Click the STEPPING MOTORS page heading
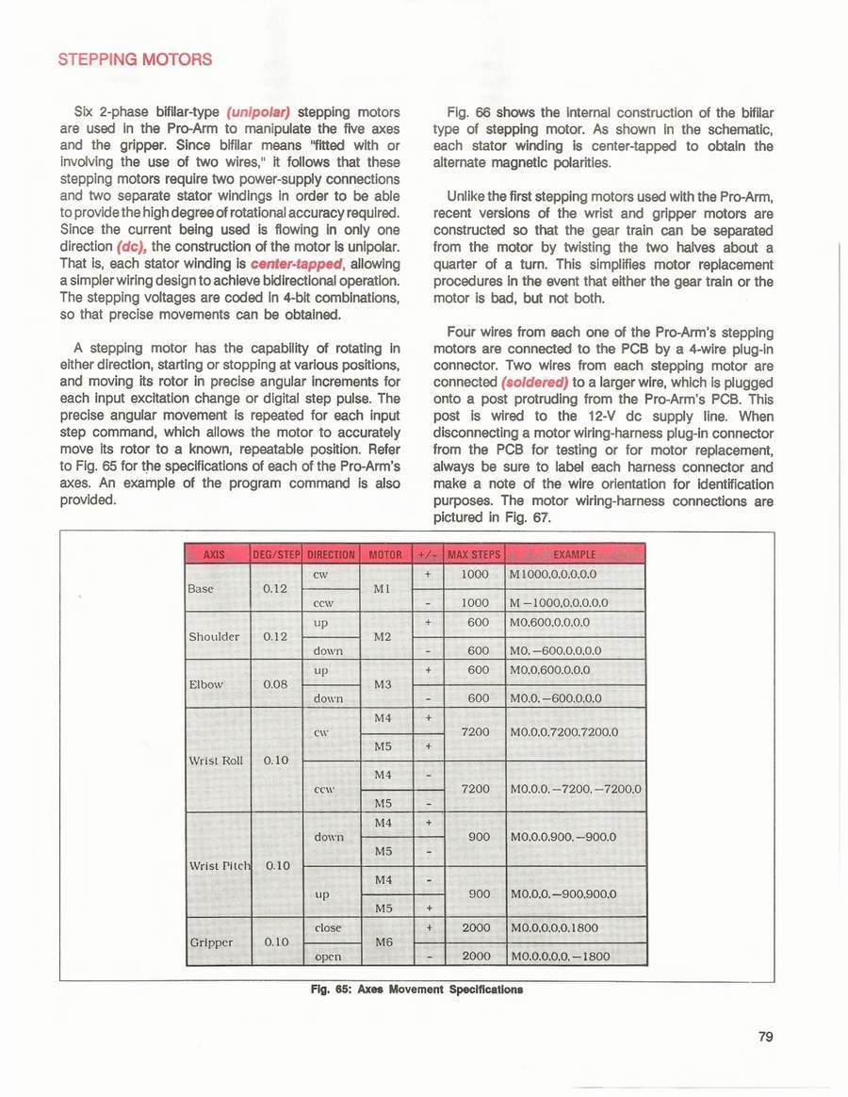[135, 60]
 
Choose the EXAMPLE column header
[577, 553]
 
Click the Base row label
[202, 588]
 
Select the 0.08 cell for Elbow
[276, 683]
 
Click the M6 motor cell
[383, 941]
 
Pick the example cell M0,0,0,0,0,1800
[559, 928]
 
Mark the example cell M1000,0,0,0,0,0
[553, 573]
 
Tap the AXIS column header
[214, 553]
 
